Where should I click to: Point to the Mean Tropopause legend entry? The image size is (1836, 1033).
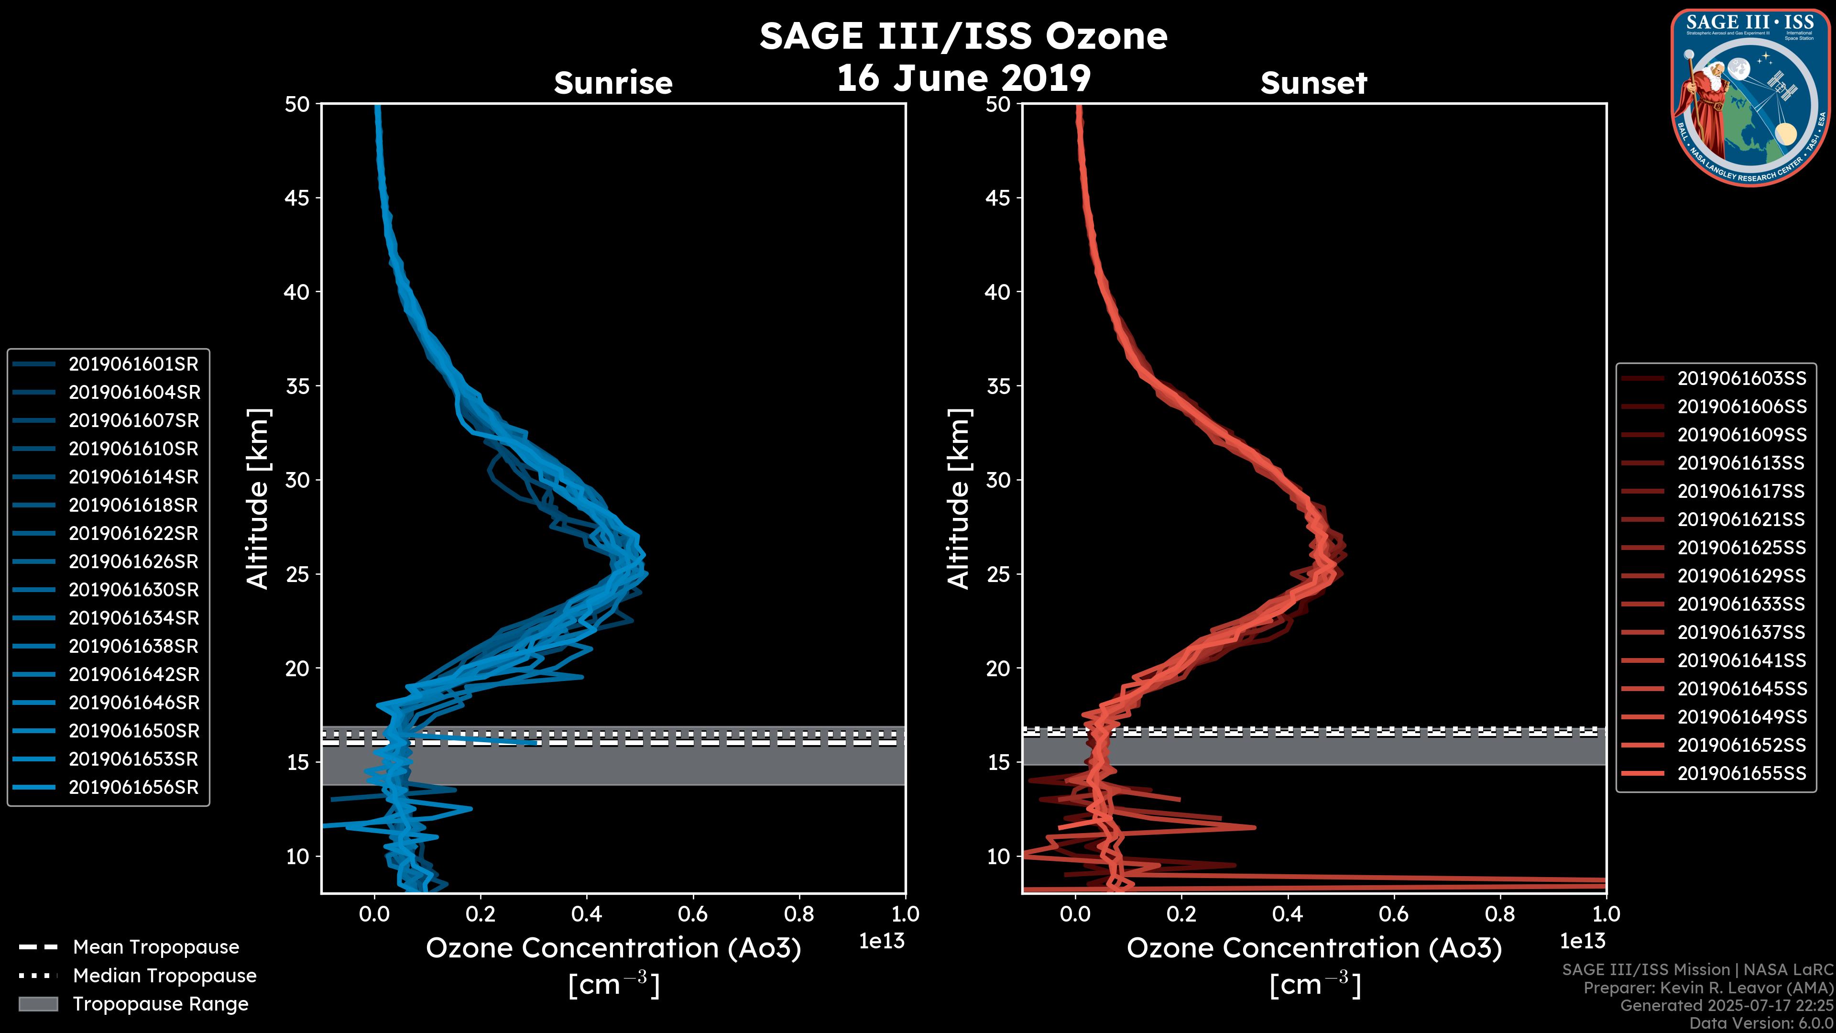(155, 947)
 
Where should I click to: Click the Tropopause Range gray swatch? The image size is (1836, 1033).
(38, 1004)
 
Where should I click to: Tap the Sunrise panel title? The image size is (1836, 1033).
(613, 83)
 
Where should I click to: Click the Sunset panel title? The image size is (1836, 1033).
(1313, 83)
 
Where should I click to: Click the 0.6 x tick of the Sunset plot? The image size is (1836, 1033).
(1394, 914)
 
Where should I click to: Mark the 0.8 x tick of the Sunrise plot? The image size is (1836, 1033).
(799, 914)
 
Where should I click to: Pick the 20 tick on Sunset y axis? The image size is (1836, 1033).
(998, 669)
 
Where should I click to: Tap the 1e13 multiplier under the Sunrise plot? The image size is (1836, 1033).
(882, 942)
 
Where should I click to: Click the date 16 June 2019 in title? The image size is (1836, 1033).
(963, 77)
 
